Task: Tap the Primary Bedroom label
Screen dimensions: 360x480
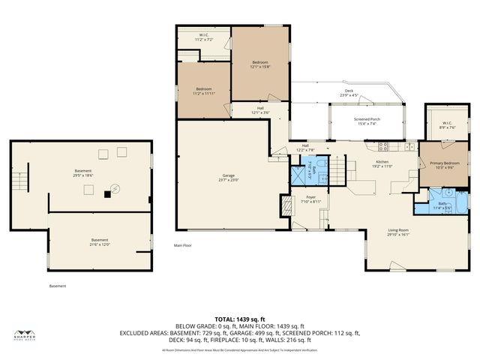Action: coord(445,165)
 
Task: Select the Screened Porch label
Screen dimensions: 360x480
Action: coord(367,122)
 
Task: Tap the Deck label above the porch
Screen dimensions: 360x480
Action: coord(349,94)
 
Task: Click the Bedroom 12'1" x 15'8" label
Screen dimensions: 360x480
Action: coord(260,64)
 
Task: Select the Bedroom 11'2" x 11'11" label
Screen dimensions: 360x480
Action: coord(204,91)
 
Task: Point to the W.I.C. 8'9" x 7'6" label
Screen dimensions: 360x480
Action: coord(447,125)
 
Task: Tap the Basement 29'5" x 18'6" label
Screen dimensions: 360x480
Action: coord(82,172)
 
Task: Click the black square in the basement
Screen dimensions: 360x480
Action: coord(107,194)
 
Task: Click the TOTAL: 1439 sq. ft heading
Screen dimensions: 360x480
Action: coord(240,319)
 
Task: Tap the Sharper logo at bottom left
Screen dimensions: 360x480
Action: coord(25,335)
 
